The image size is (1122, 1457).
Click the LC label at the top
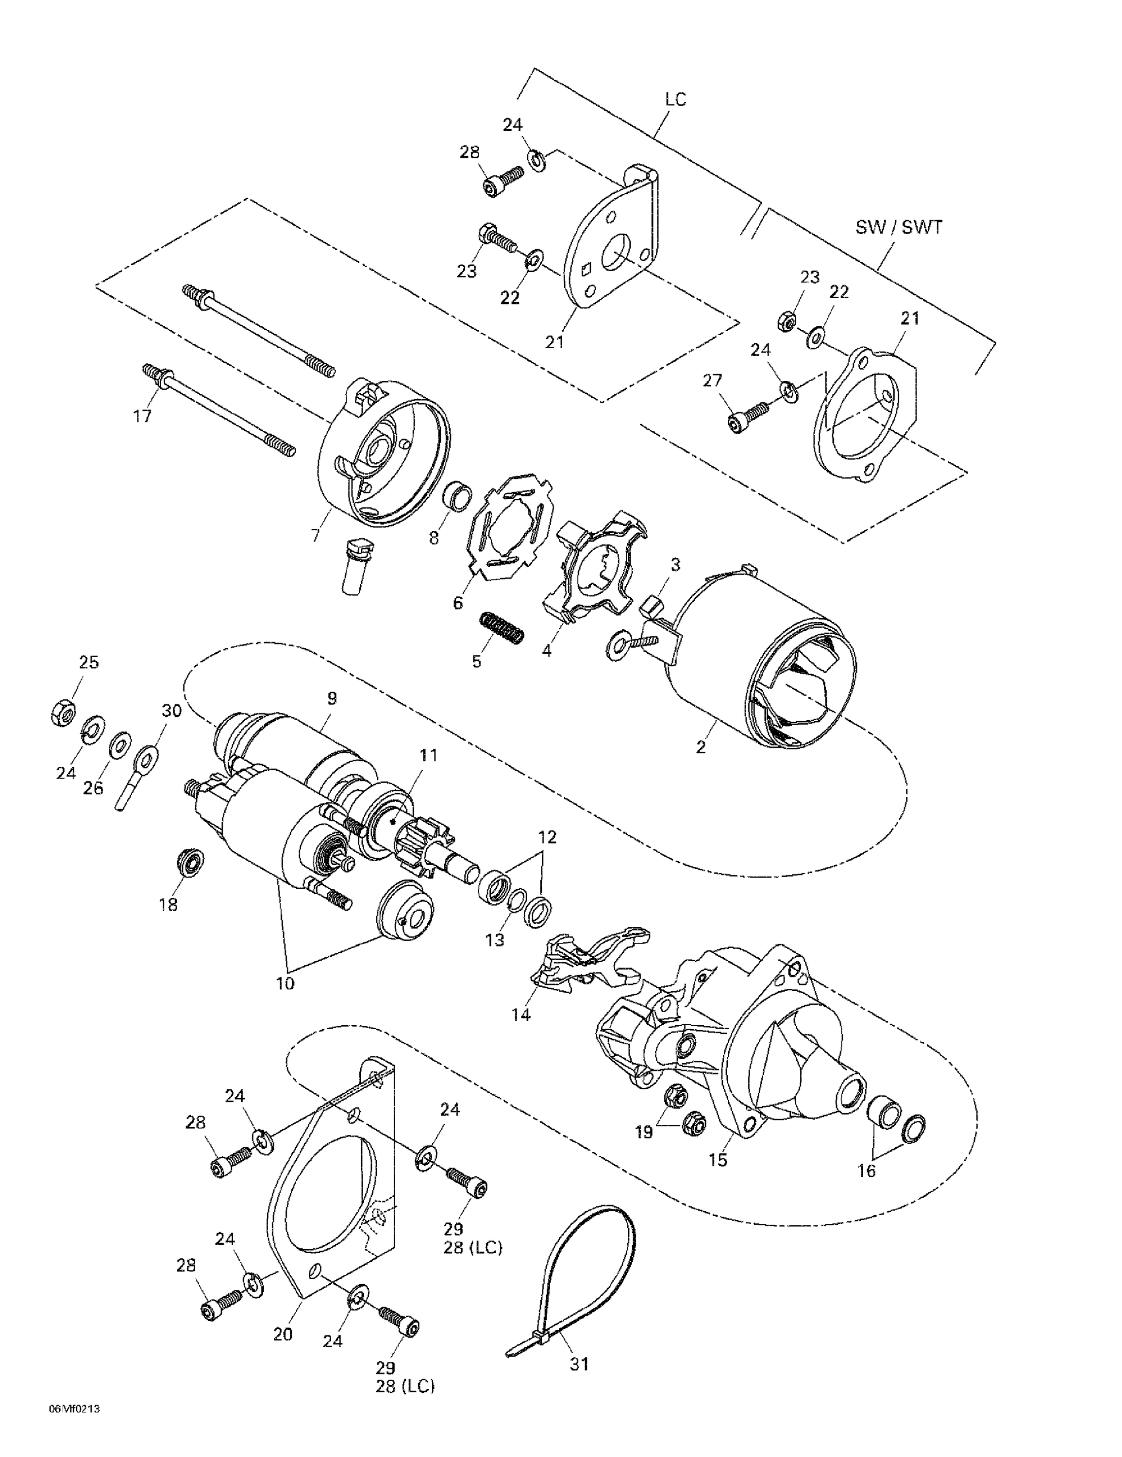point(675,100)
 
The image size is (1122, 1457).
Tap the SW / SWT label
point(899,227)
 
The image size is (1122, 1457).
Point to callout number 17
point(142,416)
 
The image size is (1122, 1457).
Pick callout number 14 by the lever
point(521,1015)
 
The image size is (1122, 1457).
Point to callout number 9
point(332,698)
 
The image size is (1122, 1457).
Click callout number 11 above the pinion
point(428,755)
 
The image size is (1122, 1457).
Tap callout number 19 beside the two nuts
point(644,1132)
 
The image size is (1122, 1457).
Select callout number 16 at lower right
point(866,1171)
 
